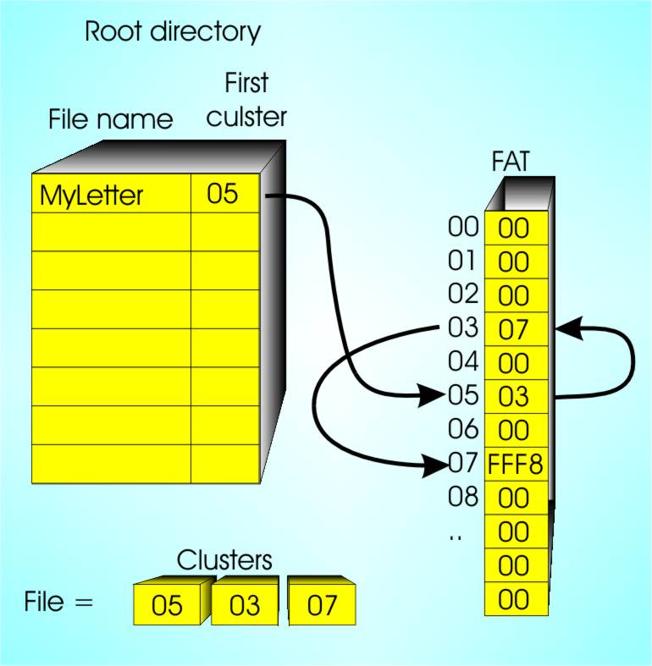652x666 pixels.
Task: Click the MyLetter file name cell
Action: pos(91,197)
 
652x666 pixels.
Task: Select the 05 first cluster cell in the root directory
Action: pos(222,195)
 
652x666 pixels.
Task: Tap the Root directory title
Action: pos(173,33)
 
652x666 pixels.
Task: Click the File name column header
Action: pos(110,119)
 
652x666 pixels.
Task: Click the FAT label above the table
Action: pos(511,162)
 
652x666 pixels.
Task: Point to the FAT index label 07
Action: pos(463,463)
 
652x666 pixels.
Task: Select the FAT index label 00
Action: pos(463,227)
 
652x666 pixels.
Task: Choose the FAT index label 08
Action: pos(463,497)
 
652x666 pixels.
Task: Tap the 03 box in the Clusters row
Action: pos(245,607)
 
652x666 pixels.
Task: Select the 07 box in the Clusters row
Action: pos(322,607)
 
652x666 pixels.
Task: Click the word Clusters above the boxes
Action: pos(224,560)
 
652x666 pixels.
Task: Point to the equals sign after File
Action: pos(82,603)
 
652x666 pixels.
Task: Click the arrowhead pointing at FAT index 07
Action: pos(436,462)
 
